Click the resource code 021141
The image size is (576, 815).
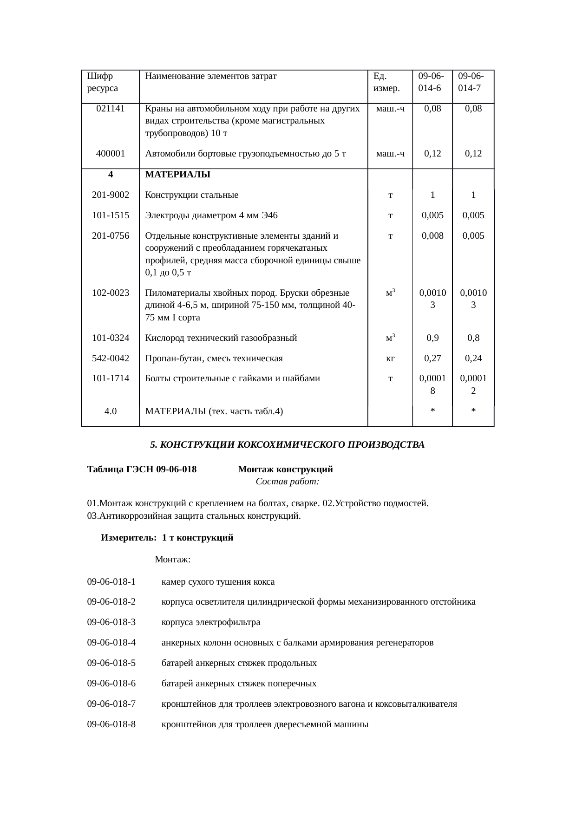coord(111,109)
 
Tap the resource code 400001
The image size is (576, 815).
coord(111,153)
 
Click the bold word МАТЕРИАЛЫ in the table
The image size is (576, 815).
coord(177,175)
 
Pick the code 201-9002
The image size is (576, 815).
coord(111,195)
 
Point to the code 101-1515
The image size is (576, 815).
coord(111,215)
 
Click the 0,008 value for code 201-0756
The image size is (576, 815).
coord(432,235)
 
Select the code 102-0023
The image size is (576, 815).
coord(111,293)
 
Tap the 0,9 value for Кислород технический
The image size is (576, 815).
coord(432,338)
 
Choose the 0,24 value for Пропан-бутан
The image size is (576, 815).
coord(473,358)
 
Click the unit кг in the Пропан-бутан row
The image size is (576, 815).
coord(391,358)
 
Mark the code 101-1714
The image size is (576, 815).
coord(111,378)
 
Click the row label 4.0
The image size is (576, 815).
coord(111,411)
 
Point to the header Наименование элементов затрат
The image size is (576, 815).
coord(211,76)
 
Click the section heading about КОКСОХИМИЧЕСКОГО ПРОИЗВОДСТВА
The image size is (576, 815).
coord(287,445)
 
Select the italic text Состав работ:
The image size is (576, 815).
coord(287,482)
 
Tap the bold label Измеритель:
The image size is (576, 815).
coord(128,538)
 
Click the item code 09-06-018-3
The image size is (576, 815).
coord(111,622)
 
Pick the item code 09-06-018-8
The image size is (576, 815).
coord(111,724)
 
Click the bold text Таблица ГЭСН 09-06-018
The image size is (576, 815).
coord(142,469)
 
